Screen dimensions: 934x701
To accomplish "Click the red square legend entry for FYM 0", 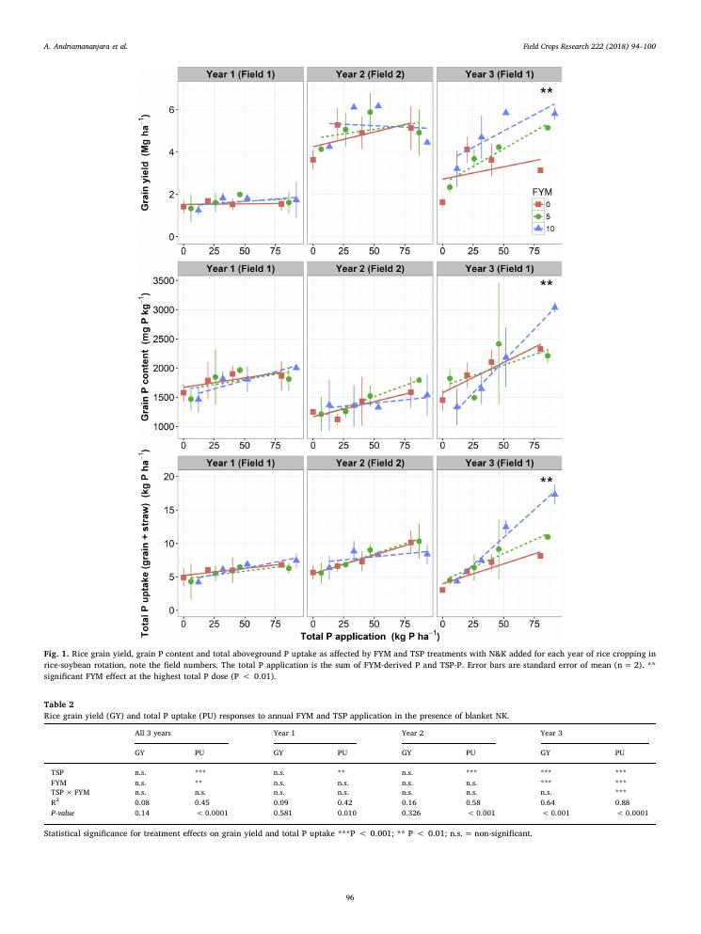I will click(x=537, y=203).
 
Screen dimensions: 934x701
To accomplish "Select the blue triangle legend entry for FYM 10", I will click(x=537, y=227).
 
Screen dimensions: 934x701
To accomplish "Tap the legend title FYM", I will click(x=541, y=191).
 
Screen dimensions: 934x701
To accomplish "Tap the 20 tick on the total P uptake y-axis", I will click(x=169, y=477).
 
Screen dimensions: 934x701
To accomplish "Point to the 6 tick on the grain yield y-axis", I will click(x=171, y=110).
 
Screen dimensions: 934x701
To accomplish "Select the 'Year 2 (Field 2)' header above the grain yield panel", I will click(x=370, y=73).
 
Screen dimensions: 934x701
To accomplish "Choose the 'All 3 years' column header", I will click(x=157, y=730).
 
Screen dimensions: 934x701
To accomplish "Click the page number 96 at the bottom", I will click(x=350, y=898).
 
